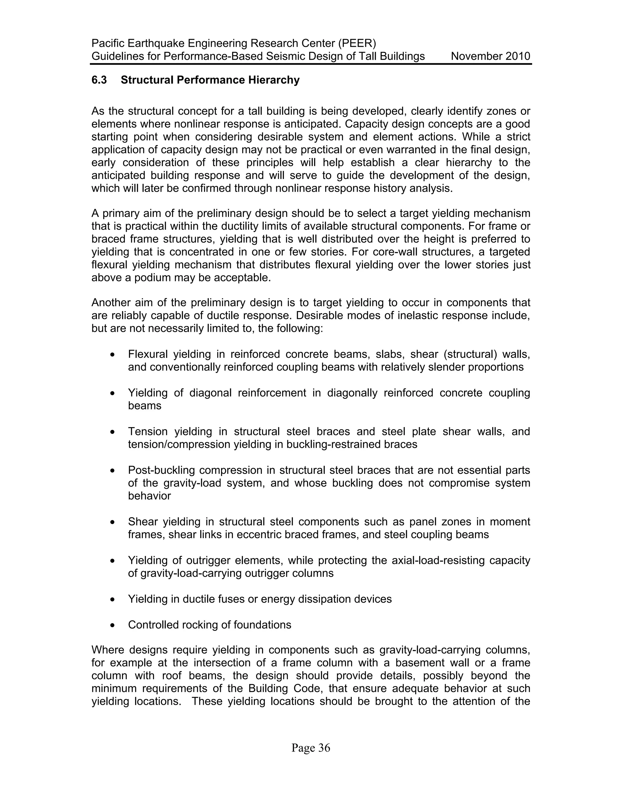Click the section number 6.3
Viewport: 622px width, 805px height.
(99, 80)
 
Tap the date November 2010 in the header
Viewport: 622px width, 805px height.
(490, 57)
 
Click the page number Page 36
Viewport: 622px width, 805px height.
(311, 748)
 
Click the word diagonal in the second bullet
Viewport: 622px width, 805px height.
(210, 393)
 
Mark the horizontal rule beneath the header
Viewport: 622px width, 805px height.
(311, 64)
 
